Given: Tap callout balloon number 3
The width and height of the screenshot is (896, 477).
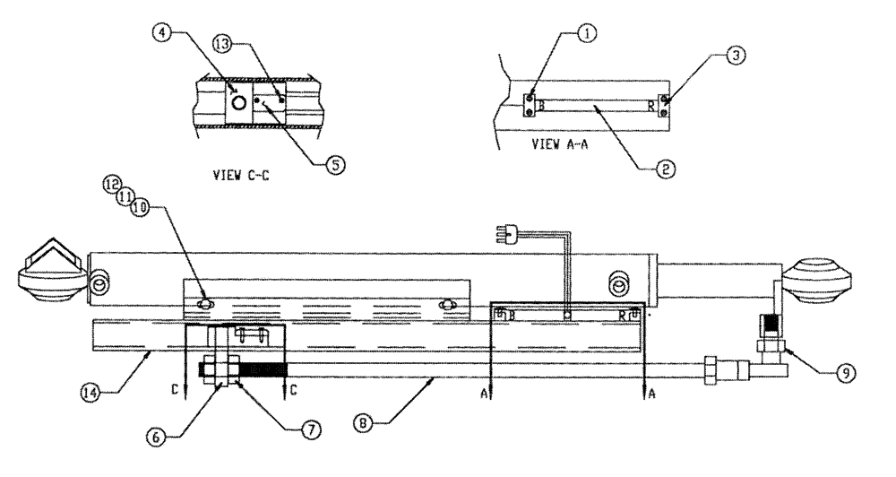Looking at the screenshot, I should (733, 56).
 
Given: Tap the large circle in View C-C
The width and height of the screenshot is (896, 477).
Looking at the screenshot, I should (238, 103).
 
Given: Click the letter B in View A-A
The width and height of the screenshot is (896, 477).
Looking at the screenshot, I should (538, 107).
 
